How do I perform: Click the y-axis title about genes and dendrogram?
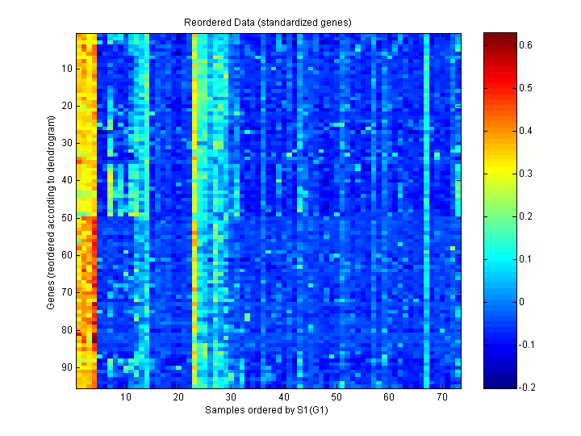tap(52, 212)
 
